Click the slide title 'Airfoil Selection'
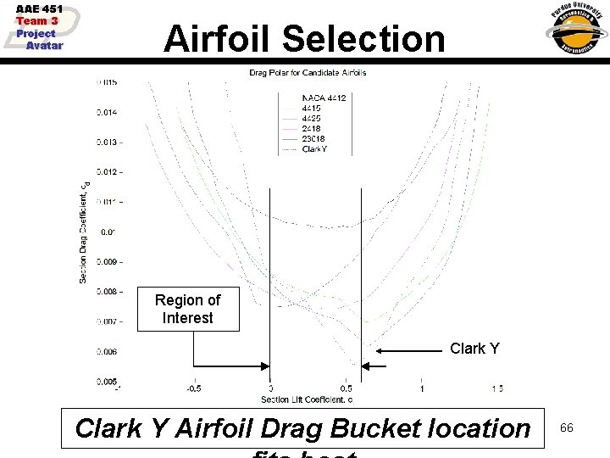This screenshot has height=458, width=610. (x=304, y=39)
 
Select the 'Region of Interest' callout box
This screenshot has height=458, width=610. (x=187, y=309)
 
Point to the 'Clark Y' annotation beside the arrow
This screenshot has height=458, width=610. (x=474, y=349)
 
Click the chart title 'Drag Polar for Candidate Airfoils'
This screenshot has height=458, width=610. (x=308, y=73)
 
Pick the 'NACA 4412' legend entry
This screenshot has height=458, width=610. (x=324, y=98)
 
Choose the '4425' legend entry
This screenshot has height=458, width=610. (x=313, y=119)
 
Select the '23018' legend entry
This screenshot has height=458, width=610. (x=314, y=139)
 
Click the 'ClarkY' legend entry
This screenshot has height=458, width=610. (x=314, y=149)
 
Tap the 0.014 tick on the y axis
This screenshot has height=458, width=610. (x=108, y=112)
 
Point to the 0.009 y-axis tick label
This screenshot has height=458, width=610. (x=108, y=261)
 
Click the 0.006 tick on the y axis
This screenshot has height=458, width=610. (x=108, y=351)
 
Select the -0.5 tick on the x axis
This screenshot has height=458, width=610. (x=195, y=389)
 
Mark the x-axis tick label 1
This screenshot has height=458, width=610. (x=422, y=389)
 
